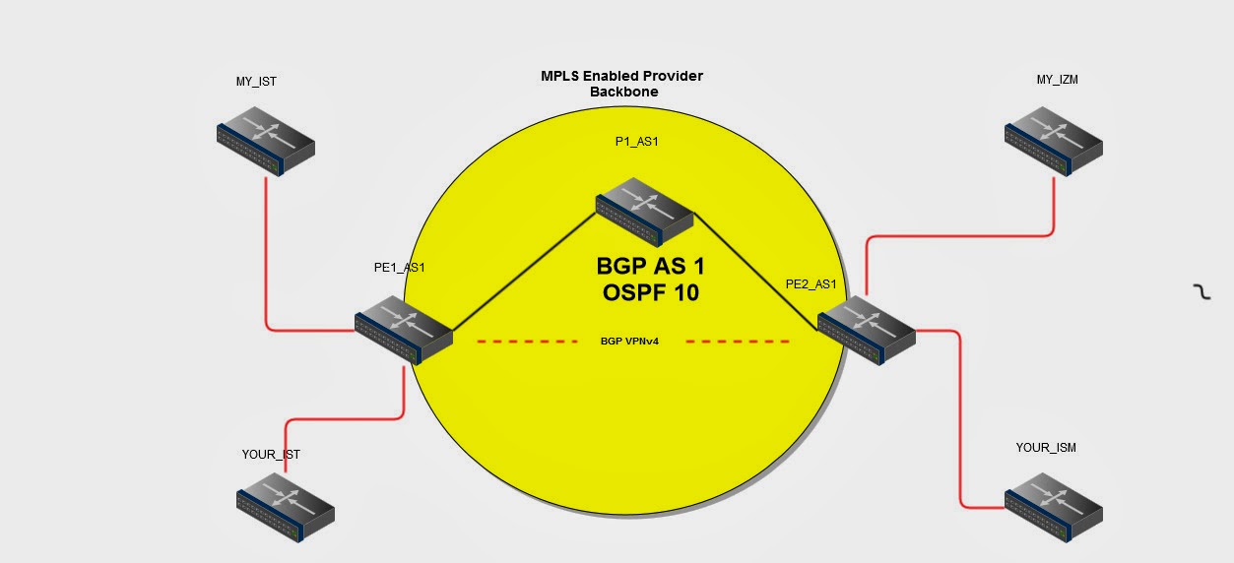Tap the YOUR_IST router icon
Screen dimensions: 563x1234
pos(286,506)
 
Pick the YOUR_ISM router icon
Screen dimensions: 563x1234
pos(1054,506)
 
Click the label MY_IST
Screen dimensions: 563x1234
pos(256,82)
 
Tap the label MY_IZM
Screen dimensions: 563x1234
pos(1057,80)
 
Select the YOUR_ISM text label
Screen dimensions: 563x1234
pos(1046,448)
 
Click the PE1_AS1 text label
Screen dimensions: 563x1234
pos(400,267)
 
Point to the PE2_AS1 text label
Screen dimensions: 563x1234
pos(811,284)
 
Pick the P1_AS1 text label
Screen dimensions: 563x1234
pos(636,142)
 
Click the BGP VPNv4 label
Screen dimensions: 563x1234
pos(629,342)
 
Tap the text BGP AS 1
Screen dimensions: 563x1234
pos(651,267)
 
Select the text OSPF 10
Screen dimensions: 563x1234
pos(650,292)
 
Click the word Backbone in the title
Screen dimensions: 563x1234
pos(624,92)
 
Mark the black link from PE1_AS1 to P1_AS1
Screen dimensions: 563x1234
pos(524,271)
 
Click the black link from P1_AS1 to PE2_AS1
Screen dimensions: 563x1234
pos(756,269)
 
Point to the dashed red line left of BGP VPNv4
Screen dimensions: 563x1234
pos(527,342)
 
